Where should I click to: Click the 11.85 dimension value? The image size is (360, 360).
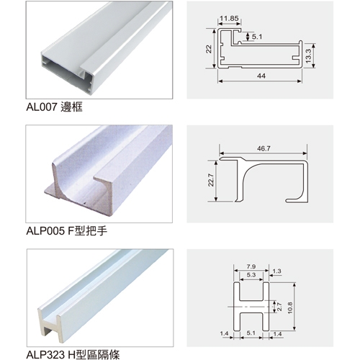[x=229, y=19]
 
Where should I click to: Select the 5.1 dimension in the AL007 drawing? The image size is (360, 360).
[x=257, y=37]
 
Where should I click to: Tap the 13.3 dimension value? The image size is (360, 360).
[x=308, y=56]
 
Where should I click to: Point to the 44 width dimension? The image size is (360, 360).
[x=261, y=76]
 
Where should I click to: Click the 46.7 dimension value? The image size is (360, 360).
[x=264, y=148]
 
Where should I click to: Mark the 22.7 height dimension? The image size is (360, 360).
[x=210, y=180]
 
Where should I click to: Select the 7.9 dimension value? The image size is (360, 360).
[x=251, y=266]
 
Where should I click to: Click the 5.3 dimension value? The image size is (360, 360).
[x=251, y=274]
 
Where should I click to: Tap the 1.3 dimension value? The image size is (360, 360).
[x=276, y=271]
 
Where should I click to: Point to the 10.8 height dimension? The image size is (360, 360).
[x=290, y=308]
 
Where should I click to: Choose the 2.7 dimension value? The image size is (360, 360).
[x=279, y=307]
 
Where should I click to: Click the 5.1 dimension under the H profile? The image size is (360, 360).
[x=251, y=333]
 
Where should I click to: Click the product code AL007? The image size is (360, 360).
[x=41, y=107]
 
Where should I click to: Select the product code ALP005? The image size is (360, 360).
[x=45, y=231]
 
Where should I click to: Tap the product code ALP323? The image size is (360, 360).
[x=45, y=354]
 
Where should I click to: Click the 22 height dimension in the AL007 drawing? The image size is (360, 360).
[x=209, y=49]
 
